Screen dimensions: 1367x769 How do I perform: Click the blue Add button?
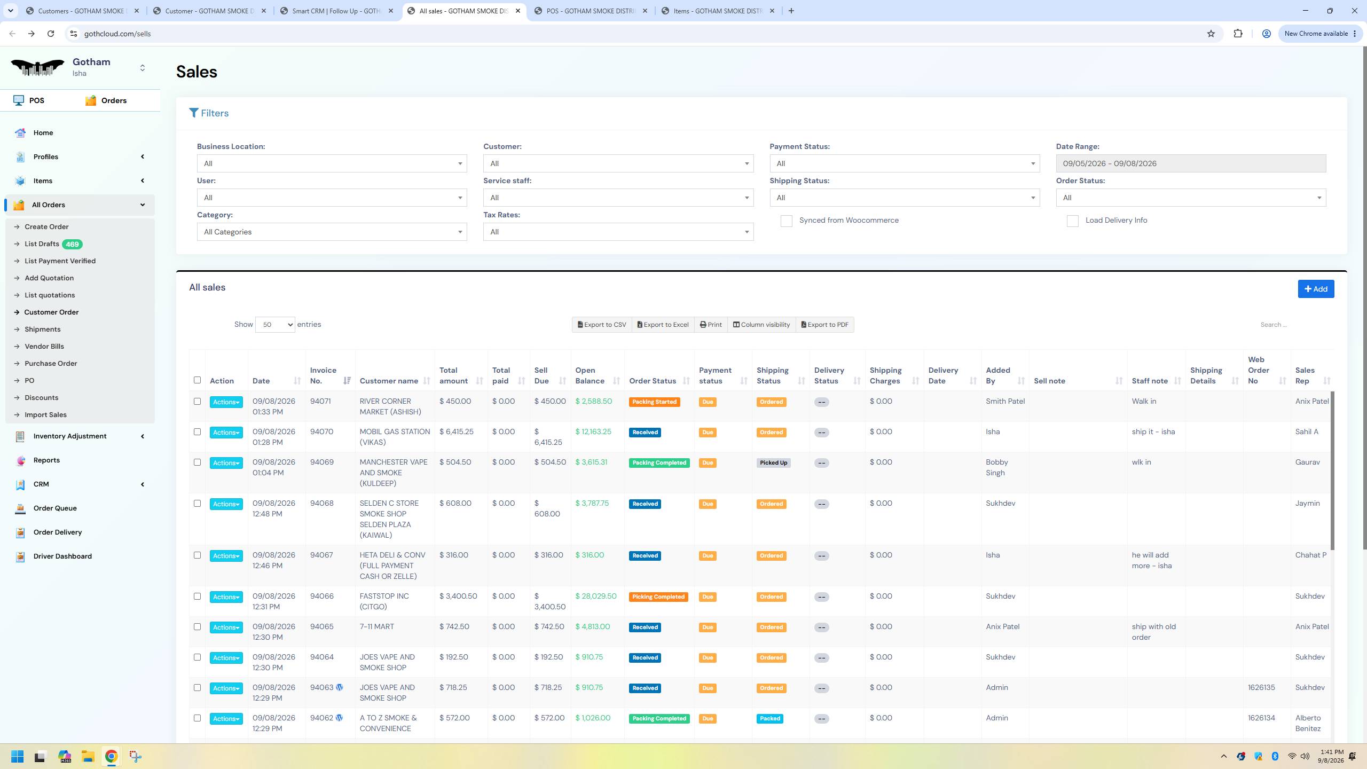1316,289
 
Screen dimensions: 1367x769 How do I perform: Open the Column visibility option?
761,325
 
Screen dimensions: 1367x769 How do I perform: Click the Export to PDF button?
824,325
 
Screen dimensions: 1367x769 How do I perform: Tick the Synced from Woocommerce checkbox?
786,221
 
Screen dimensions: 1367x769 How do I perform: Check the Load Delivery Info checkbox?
1072,221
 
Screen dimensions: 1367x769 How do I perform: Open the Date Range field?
1191,163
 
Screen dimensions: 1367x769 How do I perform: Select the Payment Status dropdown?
905,163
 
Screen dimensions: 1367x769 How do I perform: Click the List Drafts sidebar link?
42,244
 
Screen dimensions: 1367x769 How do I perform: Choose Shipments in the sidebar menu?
43,329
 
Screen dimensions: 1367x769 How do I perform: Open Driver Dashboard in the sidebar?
62,556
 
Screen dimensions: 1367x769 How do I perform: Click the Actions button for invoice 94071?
226,402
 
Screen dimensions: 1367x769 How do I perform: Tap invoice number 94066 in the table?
322,597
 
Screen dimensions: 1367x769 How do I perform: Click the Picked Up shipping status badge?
773,463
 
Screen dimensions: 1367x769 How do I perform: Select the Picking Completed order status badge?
658,597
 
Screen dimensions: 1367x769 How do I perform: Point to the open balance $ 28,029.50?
596,597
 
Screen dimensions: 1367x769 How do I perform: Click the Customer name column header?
389,381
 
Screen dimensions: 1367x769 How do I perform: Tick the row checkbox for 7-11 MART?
197,627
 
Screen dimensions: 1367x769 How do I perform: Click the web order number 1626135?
1261,688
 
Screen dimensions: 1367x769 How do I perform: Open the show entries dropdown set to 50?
275,325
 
